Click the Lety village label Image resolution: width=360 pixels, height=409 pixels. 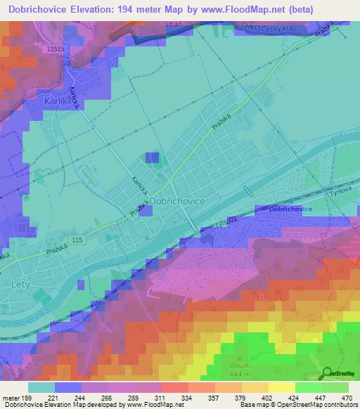pyautogui.click(x=22, y=284)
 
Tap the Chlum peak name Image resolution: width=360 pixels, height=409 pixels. pyautogui.click(x=240, y=366)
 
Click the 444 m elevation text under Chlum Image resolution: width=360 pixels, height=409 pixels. pyautogui.click(x=240, y=375)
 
